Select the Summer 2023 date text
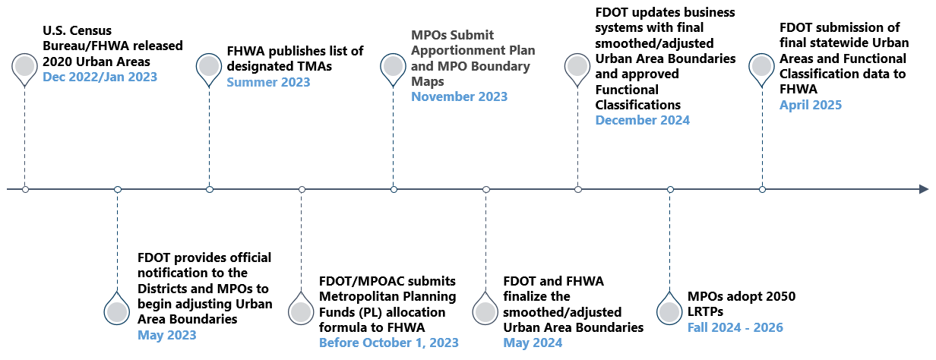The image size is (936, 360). (x=268, y=82)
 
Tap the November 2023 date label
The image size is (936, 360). (x=459, y=96)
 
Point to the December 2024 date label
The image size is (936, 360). (x=642, y=120)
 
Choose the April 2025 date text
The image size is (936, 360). (x=811, y=106)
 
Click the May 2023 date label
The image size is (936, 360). (x=166, y=335)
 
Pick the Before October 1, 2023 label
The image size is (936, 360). (x=388, y=343)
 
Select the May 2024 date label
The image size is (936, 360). (x=533, y=343)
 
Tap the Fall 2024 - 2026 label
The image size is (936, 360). (x=735, y=327)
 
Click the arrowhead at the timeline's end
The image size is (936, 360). (x=923, y=189)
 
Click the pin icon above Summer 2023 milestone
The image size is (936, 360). (x=209, y=68)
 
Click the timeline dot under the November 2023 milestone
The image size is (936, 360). (x=394, y=189)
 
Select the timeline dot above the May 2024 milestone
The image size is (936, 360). (x=486, y=189)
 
